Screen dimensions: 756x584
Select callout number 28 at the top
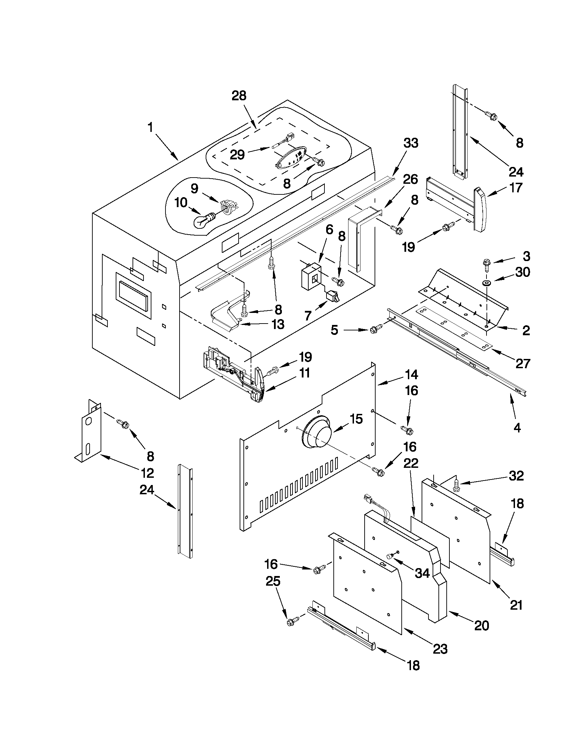[239, 96]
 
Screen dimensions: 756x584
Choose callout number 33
[411, 143]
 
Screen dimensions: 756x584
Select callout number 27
[523, 363]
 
